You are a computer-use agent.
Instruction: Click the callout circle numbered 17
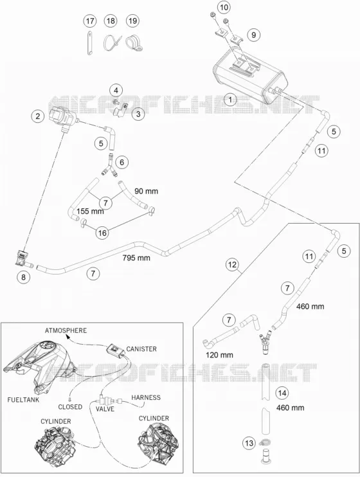click(x=90, y=21)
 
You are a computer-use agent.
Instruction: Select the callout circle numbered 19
click(x=132, y=21)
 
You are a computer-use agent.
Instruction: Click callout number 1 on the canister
click(x=230, y=100)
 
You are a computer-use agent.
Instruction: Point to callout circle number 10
click(x=224, y=7)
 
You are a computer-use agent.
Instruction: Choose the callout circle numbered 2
click(x=38, y=116)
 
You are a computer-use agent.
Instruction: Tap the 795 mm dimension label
click(x=136, y=258)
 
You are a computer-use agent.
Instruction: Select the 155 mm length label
click(x=90, y=211)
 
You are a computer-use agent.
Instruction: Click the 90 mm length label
click(x=147, y=191)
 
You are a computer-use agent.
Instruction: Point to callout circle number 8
click(x=24, y=277)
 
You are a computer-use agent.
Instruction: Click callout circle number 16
click(x=102, y=233)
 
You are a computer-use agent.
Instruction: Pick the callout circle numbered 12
click(x=232, y=265)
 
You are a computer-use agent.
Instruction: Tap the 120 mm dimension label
click(x=219, y=355)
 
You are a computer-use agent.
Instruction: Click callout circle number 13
click(x=249, y=443)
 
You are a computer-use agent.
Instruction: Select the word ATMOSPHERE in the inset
click(x=66, y=330)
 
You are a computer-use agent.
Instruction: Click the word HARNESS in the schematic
click(x=146, y=397)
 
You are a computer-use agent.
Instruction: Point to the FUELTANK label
click(x=23, y=400)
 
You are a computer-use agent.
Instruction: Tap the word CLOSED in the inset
click(x=70, y=407)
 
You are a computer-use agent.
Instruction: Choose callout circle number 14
click(x=282, y=393)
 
